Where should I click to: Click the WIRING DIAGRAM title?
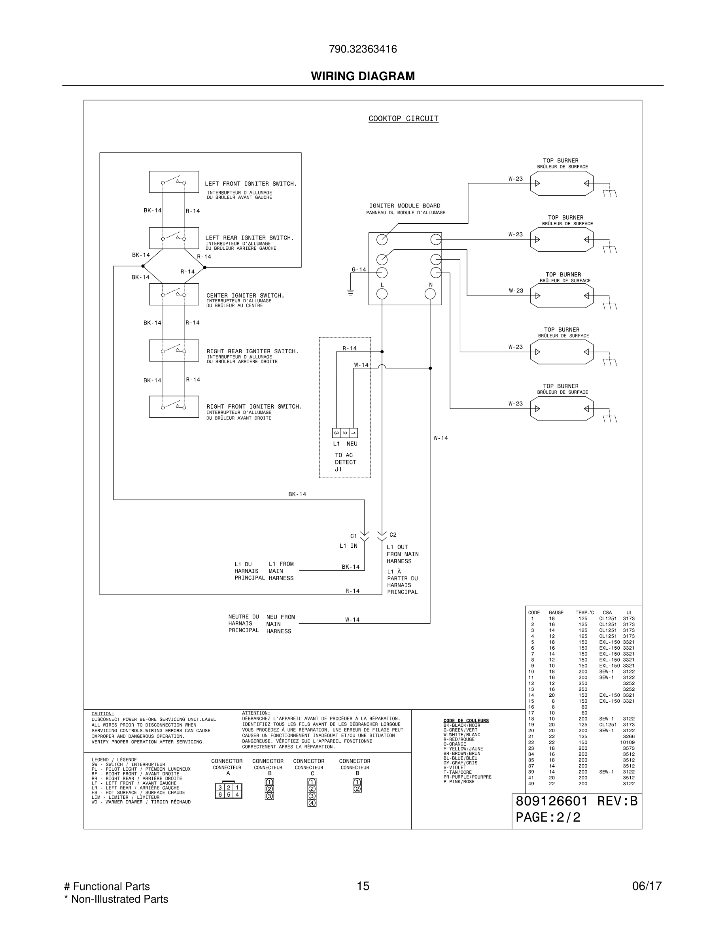coord(363,76)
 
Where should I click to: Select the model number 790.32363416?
coord(363,49)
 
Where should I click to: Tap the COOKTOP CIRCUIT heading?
coord(403,119)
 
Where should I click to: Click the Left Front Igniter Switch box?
coord(174,182)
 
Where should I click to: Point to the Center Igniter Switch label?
coord(245,295)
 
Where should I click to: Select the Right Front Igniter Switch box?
coord(174,407)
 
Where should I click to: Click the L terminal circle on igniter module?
coord(382,294)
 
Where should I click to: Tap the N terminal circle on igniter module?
coord(430,294)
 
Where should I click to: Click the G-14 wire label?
coord(359,270)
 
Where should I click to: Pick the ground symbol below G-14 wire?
coord(350,292)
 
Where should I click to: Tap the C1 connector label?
coord(354,536)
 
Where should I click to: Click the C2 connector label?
coord(393,535)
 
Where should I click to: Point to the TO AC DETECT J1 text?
coord(345,462)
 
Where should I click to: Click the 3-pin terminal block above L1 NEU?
coord(345,433)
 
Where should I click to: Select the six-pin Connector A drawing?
coord(229,791)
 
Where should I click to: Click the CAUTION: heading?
coord(103,714)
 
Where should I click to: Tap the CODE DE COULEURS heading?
coord(466,720)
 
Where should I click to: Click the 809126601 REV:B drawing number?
coord(576,801)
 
